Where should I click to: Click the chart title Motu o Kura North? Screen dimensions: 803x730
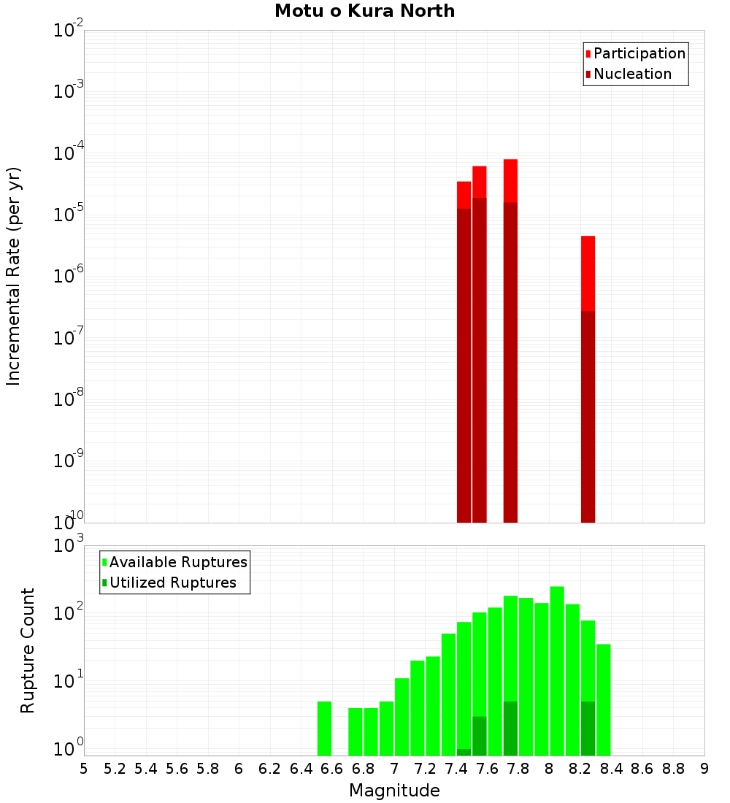point(364,11)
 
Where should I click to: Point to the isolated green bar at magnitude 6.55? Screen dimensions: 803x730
point(324,728)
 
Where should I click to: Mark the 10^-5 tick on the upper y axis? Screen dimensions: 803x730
point(69,215)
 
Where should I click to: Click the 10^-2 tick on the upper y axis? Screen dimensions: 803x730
point(69,31)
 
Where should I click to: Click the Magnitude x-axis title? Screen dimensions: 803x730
point(394,791)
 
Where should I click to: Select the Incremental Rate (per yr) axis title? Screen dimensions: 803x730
point(14,276)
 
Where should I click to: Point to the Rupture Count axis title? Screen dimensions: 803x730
point(28,650)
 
